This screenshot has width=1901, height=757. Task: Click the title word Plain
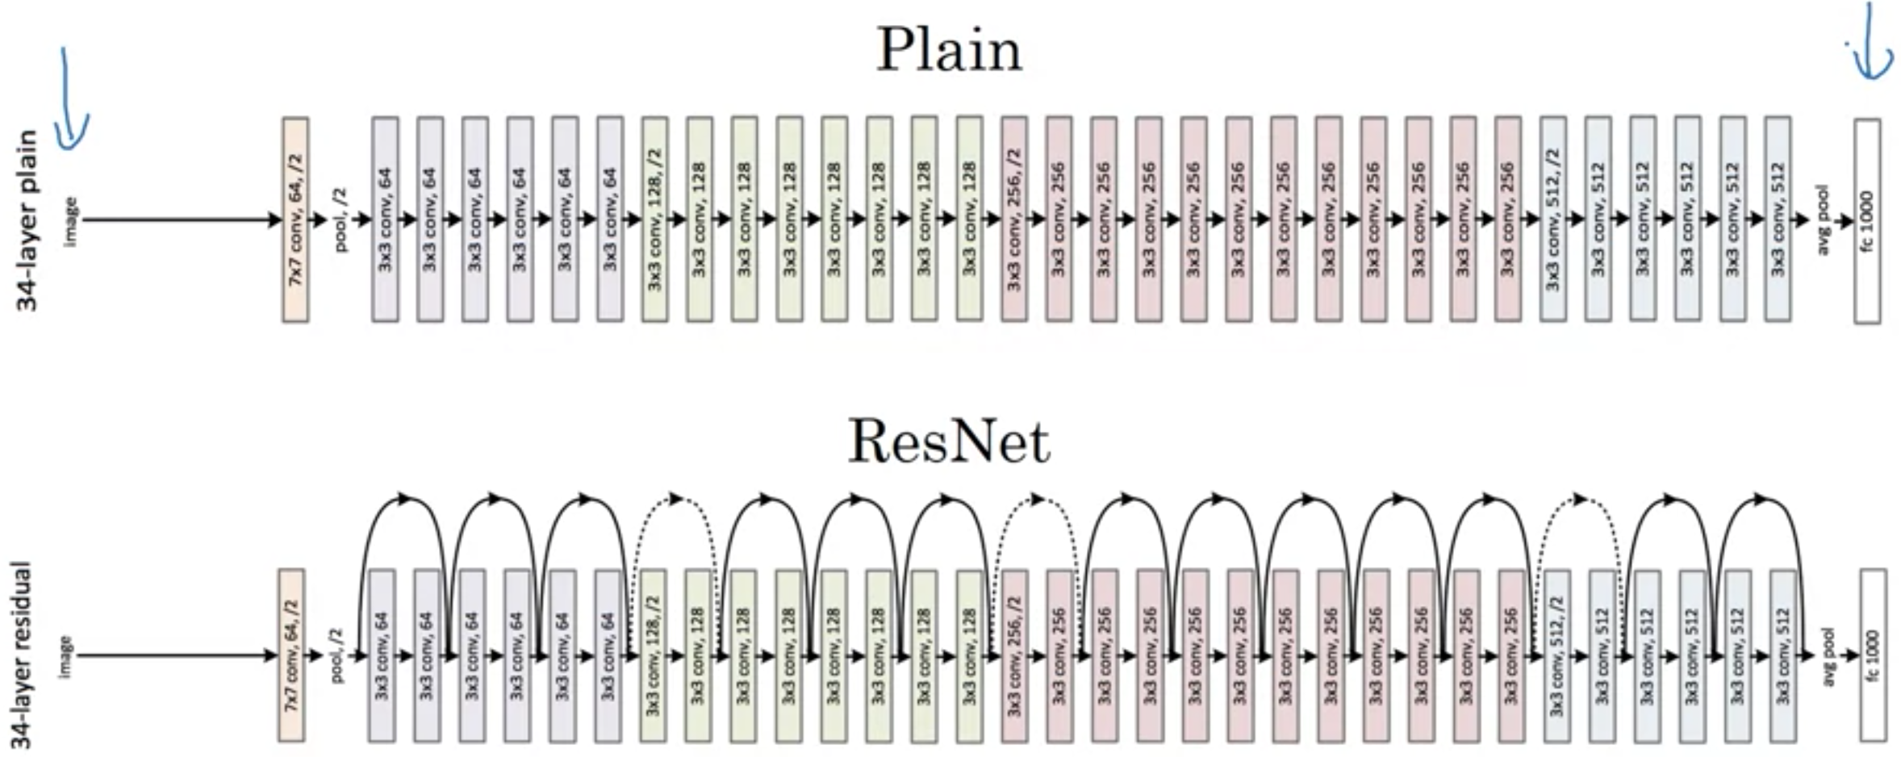(x=949, y=50)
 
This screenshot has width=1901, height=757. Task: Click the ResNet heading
(x=949, y=442)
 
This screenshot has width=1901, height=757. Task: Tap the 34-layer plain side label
(x=28, y=220)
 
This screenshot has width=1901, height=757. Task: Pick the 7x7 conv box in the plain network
(x=295, y=220)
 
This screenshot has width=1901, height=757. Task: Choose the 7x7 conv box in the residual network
(x=291, y=655)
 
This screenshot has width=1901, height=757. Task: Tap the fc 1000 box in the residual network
(x=1873, y=655)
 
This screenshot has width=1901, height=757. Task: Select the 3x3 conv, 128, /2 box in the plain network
(x=654, y=220)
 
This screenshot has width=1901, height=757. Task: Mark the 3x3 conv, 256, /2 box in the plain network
(x=1013, y=220)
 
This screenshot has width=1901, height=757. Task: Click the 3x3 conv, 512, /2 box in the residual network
(x=1556, y=655)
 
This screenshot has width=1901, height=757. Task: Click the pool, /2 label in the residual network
(x=338, y=655)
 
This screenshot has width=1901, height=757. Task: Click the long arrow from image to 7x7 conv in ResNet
(x=178, y=655)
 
